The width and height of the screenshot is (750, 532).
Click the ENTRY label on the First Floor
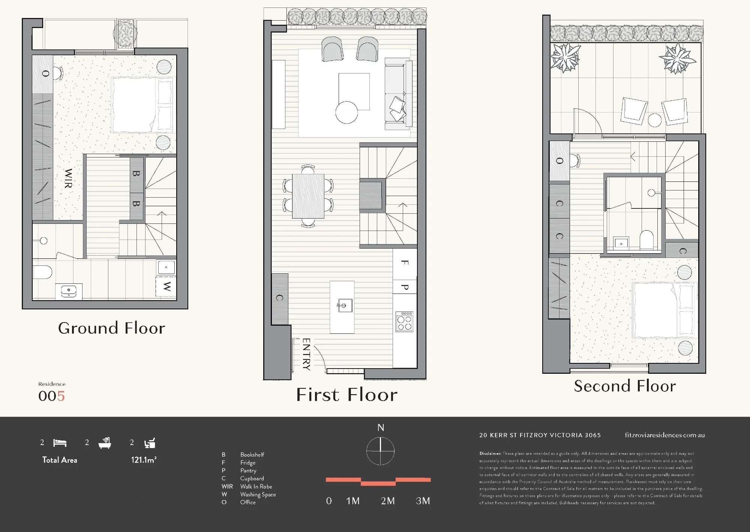[x=306, y=354]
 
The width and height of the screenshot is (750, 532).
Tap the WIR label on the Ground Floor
[x=68, y=178]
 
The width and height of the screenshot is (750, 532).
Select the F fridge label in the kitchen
[x=405, y=262]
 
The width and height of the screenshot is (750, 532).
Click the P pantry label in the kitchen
[x=405, y=287]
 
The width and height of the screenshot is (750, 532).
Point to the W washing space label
[x=167, y=287]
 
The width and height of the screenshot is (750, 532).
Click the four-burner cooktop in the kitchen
[x=405, y=322]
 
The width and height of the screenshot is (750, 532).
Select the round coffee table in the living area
[x=346, y=112]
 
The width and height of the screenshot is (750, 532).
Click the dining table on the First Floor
[x=308, y=196]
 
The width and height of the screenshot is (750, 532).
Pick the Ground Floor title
[x=112, y=328]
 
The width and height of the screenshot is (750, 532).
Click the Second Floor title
[x=625, y=386]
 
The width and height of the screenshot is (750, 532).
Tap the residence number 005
[x=52, y=396]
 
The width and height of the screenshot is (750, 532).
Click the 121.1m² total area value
[x=144, y=460]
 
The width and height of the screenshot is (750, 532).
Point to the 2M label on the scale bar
[x=388, y=501]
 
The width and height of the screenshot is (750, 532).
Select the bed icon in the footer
[x=60, y=443]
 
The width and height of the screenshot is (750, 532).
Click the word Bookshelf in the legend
[x=252, y=455]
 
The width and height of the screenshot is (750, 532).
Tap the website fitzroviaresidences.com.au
[x=665, y=435]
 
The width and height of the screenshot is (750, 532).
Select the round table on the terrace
[x=655, y=120]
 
